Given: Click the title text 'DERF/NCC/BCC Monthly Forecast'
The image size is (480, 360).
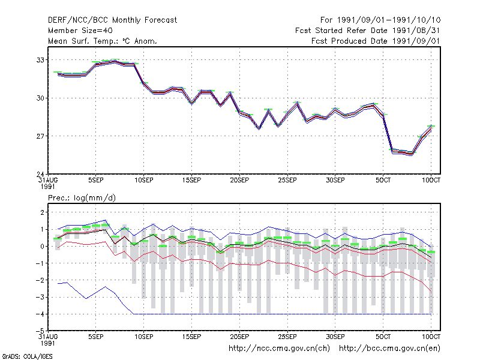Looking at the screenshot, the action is tap(112, 20).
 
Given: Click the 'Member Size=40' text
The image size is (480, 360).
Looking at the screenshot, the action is tap(80, 31).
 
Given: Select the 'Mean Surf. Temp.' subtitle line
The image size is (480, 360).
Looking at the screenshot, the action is tap(103, 41).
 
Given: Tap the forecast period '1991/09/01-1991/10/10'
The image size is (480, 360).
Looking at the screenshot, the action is tap(389, 20).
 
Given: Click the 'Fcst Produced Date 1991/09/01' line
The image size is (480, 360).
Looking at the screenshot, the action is tap(376, 41).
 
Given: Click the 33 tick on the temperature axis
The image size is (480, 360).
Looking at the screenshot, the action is tap(40, 60).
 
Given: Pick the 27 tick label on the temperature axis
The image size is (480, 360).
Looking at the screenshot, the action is tap(40, 136).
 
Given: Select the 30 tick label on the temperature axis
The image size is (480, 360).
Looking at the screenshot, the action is tap(40, 98).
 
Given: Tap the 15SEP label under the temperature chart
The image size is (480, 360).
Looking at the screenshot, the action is tap(191, 181).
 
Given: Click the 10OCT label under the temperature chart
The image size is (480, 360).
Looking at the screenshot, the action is tap(431, 181).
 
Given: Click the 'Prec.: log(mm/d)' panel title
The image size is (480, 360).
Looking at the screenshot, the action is tap(82, 198).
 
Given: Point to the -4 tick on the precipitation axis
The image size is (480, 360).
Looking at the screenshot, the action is tap(40, 314).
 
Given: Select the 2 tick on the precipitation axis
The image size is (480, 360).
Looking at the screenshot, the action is tap(42, 212).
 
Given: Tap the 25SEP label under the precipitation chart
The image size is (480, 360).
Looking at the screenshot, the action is tap(287, 337).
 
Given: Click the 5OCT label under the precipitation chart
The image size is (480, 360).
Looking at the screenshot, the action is tap(383, 337).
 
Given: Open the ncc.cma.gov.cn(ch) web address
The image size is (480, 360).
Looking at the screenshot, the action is tap(279, 349).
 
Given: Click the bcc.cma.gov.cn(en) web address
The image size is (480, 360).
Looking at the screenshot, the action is tap(389, 349).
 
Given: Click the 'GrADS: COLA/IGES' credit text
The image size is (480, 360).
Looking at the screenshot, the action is tap(27, 356).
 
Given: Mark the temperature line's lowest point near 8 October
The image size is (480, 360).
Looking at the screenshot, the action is tap(412, 154).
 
